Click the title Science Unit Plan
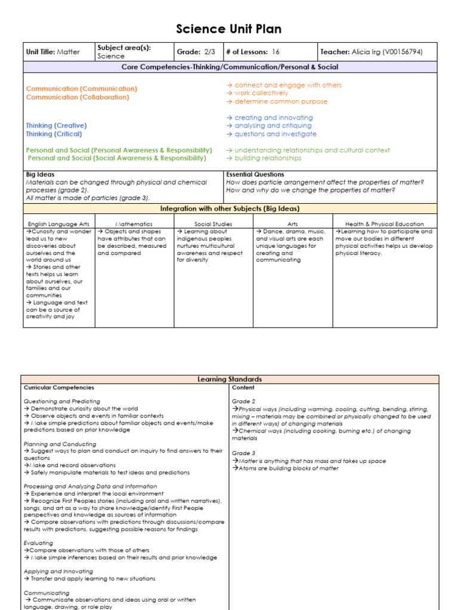pos(229,29)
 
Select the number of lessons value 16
pos(276,52)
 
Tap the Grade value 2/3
pos(208,52)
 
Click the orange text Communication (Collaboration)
pos(78,97)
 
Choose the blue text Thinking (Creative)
pos(56,126)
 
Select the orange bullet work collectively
pos(261,93)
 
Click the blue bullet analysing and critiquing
pos(273,126)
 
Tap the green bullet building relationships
pos(268,158)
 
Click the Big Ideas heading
pos(40,175)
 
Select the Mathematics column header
pos(134,224)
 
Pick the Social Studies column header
pos(213,224)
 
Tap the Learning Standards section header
pos(230,379)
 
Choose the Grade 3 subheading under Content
pos(243,453)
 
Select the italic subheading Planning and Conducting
pos(60,444)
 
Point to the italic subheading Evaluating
pos(38,543)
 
